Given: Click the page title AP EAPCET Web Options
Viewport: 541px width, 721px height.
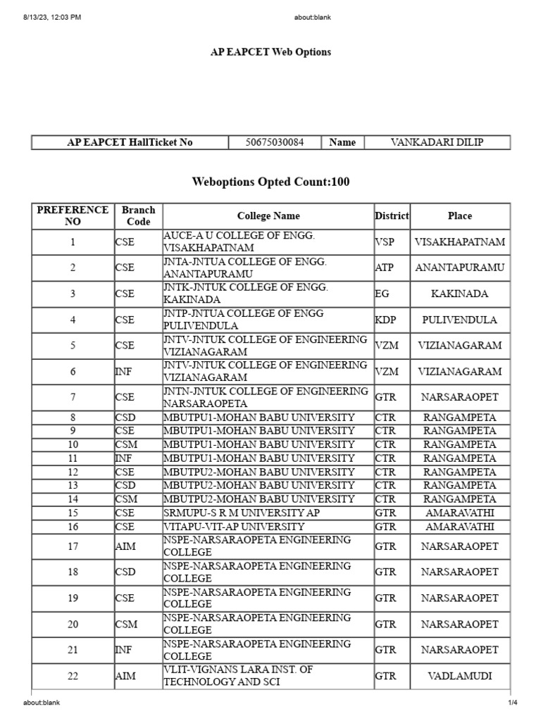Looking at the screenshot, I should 270,52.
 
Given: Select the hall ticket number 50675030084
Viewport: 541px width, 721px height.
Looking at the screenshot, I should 275,142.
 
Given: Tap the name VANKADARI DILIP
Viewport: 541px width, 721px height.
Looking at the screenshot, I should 441,142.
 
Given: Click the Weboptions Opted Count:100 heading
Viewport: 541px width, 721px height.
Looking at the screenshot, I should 270,182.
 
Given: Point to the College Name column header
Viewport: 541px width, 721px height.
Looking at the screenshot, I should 268,216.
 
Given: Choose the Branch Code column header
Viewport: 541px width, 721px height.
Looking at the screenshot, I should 138,216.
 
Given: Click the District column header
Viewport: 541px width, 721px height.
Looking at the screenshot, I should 392,216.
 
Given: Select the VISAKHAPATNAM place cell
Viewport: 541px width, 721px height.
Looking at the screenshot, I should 460,242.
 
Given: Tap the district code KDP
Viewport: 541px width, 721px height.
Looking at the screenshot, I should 385,320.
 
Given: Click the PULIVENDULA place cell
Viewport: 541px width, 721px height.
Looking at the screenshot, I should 460,320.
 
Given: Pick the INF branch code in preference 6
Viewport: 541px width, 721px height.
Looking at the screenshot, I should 123,372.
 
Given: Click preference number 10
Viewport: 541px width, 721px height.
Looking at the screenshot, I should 73,444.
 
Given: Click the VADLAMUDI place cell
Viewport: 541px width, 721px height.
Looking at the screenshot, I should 460,676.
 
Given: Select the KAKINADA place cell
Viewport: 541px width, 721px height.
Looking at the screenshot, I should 460,294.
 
